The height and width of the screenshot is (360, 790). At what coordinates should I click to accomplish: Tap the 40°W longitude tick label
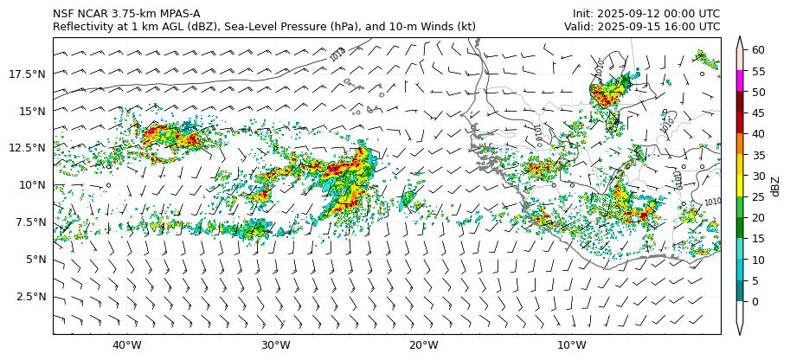coord(127,346)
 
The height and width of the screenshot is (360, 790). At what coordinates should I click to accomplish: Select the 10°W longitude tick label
coord(571,346)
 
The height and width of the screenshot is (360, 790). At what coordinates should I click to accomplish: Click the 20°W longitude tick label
coord(423,346)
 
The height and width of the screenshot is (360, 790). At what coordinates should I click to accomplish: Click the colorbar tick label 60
coord(758,50)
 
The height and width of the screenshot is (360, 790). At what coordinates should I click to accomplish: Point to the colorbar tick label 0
coord(755,301)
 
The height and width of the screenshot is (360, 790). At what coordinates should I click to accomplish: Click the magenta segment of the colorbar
coord(740,81)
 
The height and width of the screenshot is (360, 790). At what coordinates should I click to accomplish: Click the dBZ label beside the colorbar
coord(775,185)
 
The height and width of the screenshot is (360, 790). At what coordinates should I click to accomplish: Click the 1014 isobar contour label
coord(337,55)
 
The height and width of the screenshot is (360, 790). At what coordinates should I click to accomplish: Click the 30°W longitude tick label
coord(275,346)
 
